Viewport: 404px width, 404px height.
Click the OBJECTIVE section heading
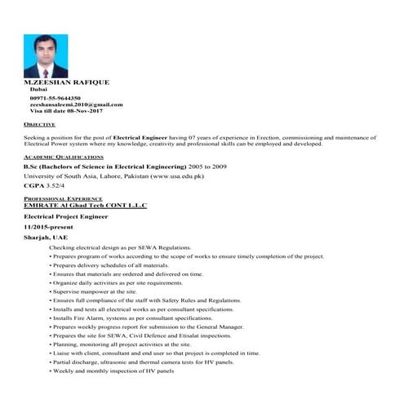click(40, 124)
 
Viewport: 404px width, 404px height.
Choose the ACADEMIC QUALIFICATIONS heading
click(64, 156)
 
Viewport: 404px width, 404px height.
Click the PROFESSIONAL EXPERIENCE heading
click(62, 198)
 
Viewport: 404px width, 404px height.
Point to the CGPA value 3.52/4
click(57, 185)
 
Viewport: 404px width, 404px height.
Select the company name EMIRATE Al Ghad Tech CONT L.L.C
click(86, 205)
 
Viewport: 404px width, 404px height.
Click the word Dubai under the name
click(38, 90)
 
